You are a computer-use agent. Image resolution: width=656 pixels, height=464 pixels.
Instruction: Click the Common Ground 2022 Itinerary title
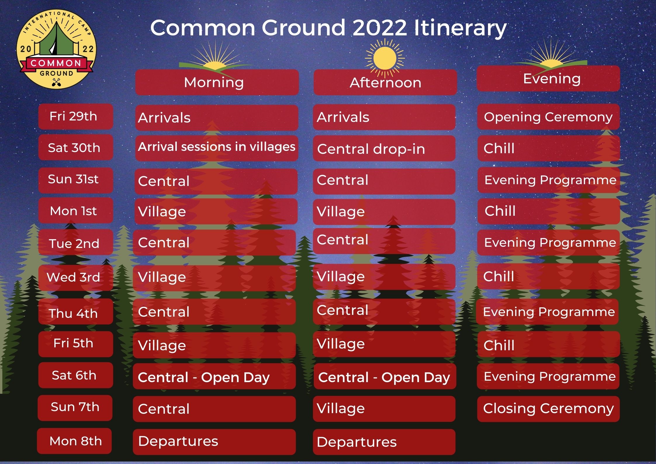pos(328,28)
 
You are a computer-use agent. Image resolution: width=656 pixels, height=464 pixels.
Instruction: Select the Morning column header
pos(217,82)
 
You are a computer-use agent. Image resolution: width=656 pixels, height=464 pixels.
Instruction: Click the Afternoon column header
pos(385,82)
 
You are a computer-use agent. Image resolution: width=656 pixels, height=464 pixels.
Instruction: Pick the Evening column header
pos(548,79)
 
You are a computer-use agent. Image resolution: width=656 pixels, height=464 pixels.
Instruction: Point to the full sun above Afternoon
pos(385,58)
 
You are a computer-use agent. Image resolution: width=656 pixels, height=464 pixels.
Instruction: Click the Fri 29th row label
pos(75,116)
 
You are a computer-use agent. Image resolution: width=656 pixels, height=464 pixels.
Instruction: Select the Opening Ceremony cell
pos(548,117)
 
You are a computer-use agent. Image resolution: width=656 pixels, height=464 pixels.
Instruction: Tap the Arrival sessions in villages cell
pos(217,148)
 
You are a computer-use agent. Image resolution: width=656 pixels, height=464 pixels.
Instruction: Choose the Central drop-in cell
pos(384,148)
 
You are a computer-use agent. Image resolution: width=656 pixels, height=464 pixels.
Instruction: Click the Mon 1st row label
pos(75,211)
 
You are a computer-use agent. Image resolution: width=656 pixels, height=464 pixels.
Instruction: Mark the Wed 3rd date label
pos(75,277)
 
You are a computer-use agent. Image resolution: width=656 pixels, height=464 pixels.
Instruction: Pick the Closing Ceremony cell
pos(548,409)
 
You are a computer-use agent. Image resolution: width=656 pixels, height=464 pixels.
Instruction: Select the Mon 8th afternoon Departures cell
pos(384,442)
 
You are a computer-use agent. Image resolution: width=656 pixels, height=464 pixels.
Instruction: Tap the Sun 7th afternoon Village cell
pos(384,409)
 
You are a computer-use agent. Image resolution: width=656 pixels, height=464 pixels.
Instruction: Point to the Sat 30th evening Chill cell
pos(549,148)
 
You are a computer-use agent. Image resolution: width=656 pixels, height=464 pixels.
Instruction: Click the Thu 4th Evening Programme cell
pos(547,311)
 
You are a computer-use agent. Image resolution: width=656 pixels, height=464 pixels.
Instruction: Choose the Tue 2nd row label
pos(75,242)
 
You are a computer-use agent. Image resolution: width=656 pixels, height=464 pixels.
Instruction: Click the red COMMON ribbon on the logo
pos(56,63)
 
